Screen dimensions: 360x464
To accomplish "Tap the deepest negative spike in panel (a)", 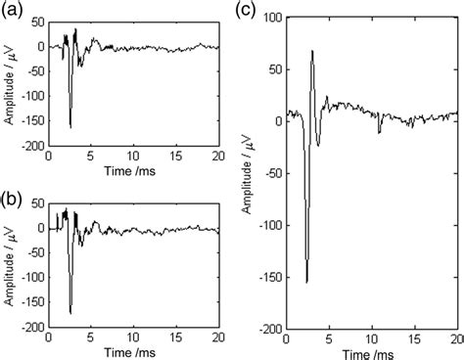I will click(x=70, y=127).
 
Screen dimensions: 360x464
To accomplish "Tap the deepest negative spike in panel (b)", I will click(x=70, y=312).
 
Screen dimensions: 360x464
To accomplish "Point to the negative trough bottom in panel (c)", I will click(x=307, y=283).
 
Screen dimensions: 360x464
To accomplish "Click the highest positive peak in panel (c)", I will click(x=312, y=51).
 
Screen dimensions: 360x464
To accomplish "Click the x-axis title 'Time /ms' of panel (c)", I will click(x=372, y=353).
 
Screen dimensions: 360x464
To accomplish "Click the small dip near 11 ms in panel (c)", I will click(x=380, y=131).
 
